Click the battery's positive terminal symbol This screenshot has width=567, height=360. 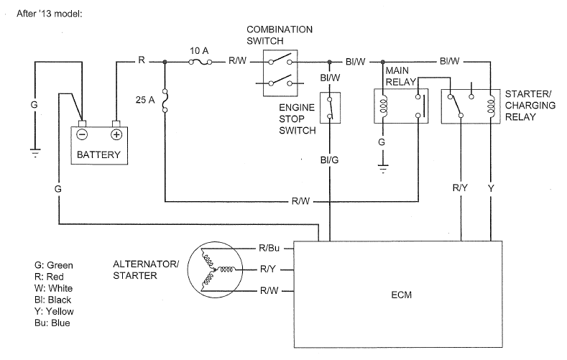tap(116, 134)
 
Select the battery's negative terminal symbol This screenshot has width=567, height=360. tap(83, 134)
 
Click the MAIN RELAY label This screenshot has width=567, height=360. tap(400, 78)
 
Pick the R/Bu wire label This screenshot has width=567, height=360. tap(269, 249)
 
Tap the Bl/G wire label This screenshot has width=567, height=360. tap(330, 160)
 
